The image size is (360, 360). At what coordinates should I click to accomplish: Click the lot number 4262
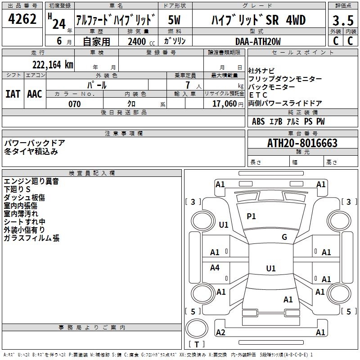pos(22,20)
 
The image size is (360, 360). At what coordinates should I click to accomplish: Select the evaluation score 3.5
pos(342,21)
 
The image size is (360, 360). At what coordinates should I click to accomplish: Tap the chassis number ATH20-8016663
pos(302,143)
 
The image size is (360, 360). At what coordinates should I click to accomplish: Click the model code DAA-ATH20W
pos(258,41)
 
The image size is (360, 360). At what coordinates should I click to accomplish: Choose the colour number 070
pos(75,104)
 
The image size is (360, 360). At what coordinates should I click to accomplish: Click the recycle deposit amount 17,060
pos(224,104)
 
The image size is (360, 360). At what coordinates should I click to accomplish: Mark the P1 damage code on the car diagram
pos(251,216)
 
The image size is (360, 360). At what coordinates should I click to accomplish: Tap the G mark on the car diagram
pos(284,237)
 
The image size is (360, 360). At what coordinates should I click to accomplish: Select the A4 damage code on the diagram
pos(215,268)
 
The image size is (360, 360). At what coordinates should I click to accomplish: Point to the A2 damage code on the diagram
pos(220,333)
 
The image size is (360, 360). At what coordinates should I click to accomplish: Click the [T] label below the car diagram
pos(197,345)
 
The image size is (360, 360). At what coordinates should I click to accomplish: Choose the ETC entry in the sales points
pos(258,95)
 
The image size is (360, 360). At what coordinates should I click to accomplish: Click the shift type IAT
pos(13,94)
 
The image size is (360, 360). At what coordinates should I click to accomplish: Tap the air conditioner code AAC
pos(35,94)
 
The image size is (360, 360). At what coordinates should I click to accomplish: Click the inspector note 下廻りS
pos(17,189)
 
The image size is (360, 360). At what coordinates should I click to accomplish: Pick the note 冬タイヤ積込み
pos(31,151)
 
